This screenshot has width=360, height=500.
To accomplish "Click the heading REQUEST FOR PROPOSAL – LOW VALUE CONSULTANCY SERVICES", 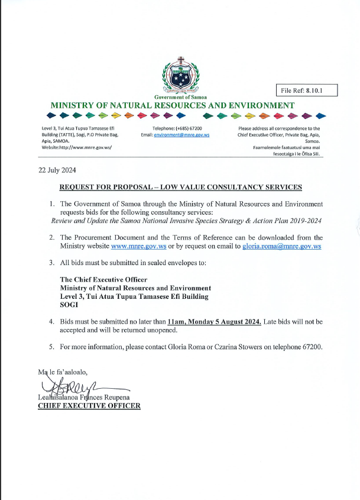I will tap(181, 187).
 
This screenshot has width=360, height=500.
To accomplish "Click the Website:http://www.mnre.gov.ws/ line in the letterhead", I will tap(77, 147).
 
